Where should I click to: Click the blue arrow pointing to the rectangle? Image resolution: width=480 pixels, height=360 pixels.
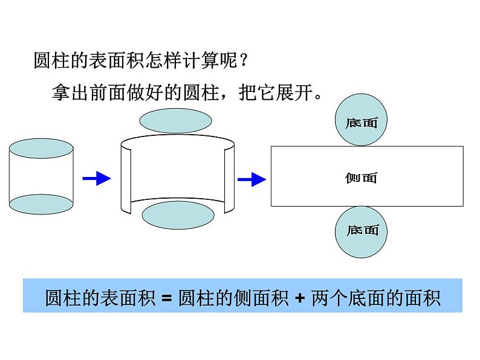tap(251, 179)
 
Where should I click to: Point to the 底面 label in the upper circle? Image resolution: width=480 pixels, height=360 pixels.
tap(362, 123)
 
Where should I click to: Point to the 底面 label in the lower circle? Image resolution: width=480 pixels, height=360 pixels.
tap(363, 230)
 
